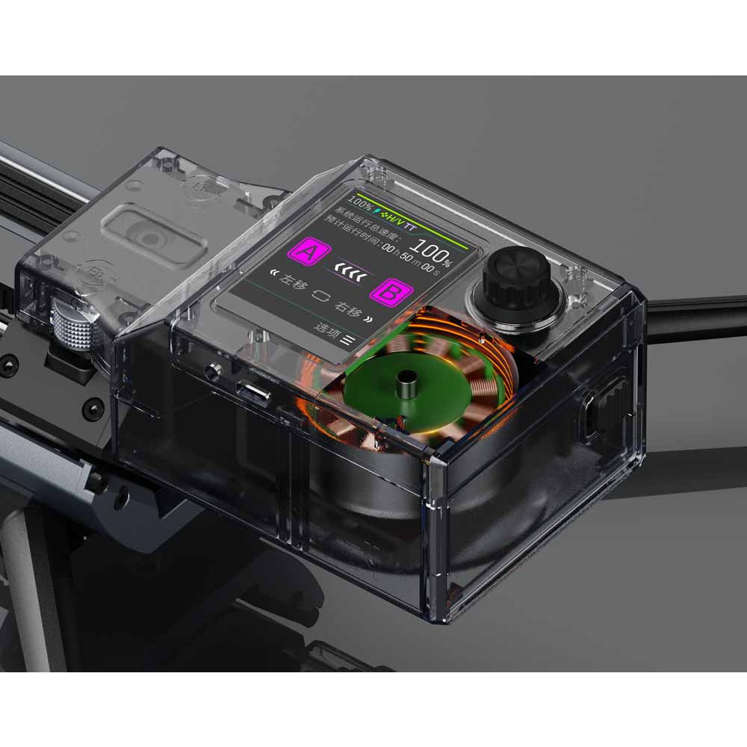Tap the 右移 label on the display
[349, 306]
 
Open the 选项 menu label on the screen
[327, 329]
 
